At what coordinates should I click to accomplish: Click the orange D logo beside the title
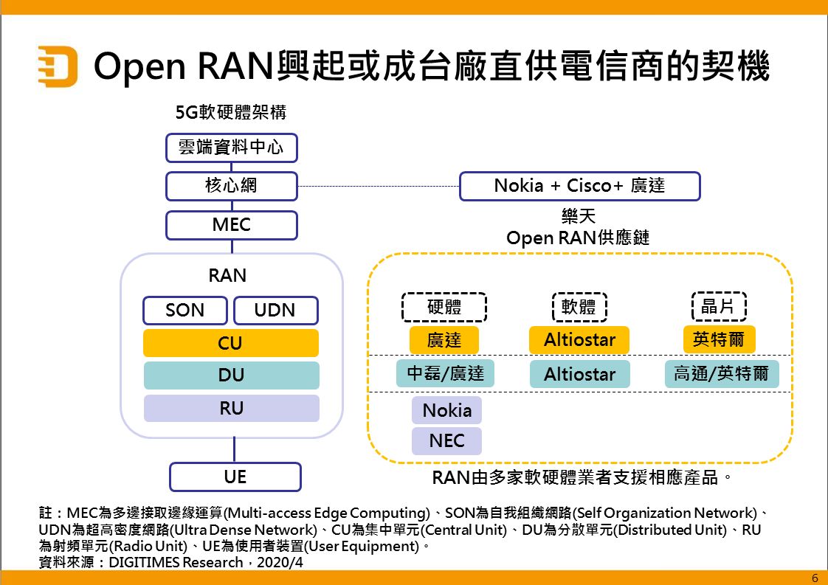click(x=57, y=66)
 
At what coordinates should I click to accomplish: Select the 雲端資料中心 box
click(x=231, y=148)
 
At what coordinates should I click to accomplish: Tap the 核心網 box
click(x=231, y=186)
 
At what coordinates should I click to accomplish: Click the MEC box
click(x=231, y=225)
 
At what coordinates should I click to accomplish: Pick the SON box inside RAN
click(x=185, y=311)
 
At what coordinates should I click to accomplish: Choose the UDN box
click(x=276, y=311)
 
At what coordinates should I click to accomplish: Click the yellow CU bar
click(x=231, y=343)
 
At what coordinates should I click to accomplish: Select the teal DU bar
click(x=231, y=375)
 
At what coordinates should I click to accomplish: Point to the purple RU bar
click(x=231, y=409)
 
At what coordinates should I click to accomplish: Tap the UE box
click(x=235, y=477)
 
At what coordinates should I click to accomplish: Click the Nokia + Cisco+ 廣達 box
click(x=579, y=186)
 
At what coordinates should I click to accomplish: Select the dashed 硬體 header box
click(x=444, y=307)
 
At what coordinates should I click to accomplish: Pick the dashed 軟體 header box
click(x=579, y=307)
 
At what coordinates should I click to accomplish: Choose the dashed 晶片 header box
click(x=719, y=307)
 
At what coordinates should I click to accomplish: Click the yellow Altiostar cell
click(x=579, y=340)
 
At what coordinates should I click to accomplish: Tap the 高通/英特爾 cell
click(x=721, y=374)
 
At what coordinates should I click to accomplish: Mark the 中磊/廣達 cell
click(x=446, y=374)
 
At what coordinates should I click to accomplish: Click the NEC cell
click(x=446, y=441)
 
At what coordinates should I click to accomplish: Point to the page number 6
click(x=815, y=577)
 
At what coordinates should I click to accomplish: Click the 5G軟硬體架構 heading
click(x=230, y=113)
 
